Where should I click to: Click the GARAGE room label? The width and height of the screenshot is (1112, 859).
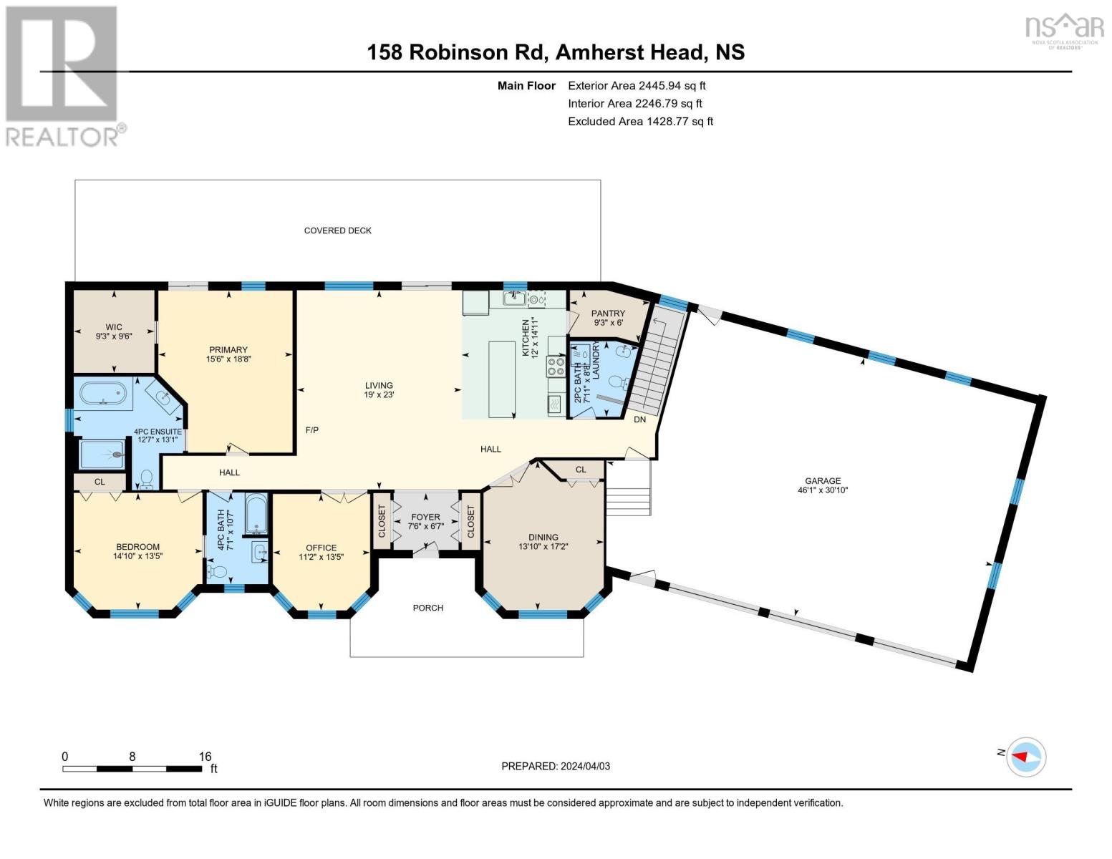tap(822, 480)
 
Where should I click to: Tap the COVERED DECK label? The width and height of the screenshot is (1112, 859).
tap(338, 230)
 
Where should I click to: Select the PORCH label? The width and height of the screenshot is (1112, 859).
tap(427, 608)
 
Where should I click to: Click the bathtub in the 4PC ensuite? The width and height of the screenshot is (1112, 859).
tap(104, 394)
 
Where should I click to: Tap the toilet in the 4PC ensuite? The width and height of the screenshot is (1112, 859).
tap(146, 479)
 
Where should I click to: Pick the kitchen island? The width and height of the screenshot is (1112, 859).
tap(501, 379)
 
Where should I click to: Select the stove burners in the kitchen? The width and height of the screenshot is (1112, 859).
tap(556, 367)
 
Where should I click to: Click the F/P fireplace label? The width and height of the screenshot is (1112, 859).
tap(311, 429)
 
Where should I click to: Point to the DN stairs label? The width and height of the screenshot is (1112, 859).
tap(639, 419)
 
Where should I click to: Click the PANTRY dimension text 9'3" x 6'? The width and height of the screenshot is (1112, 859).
tap(609, 323)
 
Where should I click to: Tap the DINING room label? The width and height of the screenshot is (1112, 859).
tap(543, 537)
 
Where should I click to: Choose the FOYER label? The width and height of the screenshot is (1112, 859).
tap(425, 518)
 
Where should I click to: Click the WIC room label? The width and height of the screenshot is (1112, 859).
tap(114, 327)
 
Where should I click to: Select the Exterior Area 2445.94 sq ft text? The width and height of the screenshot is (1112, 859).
tap(637, 86)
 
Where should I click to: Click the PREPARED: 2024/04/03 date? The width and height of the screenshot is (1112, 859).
tap(556, 766)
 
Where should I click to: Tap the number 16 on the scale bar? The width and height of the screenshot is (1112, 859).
tap(205, 756)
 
